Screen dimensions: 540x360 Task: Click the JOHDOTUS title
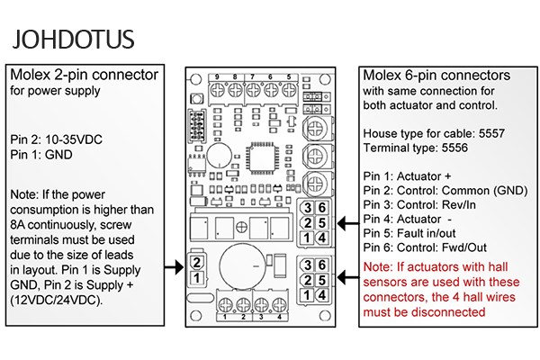click(73, 39)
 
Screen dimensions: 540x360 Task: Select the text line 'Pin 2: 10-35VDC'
click(56, 139)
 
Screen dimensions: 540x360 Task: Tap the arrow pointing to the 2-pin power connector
click(174, 267)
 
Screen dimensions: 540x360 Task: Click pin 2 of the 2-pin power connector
click(196, 263)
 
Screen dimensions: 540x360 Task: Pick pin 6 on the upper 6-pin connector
click(322, 208)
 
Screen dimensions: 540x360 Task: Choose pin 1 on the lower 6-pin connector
click(307, 295)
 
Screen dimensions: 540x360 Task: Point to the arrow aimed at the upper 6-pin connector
click(347, 223)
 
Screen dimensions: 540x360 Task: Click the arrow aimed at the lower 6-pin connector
click(347, 277)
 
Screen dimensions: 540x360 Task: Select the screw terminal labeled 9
click(217, 91)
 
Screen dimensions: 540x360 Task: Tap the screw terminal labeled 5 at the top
click(289, 91)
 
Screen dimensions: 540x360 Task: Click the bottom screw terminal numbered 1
click(225, 304)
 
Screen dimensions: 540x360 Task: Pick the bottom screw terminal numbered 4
click(279, 304)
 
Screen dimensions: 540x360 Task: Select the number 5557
click(491, 134)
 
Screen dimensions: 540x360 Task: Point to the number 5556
click(454, 148)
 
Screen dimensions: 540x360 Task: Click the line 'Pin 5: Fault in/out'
click(409, 233)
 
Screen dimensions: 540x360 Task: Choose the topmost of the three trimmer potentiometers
click(315, 129)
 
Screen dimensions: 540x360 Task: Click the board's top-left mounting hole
click(195, 79)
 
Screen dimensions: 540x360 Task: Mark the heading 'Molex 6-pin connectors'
click(436, 76)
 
